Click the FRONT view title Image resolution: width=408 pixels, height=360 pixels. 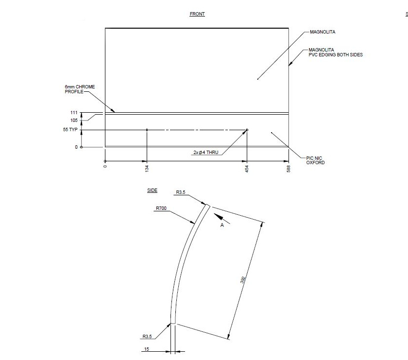point(197,14)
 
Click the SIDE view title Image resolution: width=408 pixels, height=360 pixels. point(152,190)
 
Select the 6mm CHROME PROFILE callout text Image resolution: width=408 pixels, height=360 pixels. point(80,89)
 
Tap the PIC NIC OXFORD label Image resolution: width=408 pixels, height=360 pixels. point(315,160)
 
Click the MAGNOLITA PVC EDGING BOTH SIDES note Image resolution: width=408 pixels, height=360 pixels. point(336,52)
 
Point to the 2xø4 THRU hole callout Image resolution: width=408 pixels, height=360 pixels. point(206,153)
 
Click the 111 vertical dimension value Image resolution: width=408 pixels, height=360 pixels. point(74,113)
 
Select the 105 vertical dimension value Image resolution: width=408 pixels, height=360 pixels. point(74,120)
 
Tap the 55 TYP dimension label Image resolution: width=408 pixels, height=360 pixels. point(70,130)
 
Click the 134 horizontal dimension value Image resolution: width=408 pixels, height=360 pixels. point(147,168)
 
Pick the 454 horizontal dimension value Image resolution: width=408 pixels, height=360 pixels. point(247,169)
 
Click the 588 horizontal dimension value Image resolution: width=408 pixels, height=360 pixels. point(289,169)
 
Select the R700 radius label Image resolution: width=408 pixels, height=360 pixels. point(162,208)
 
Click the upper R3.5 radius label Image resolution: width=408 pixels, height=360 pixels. point(181,192)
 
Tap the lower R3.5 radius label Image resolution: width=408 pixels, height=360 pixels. point(148,336)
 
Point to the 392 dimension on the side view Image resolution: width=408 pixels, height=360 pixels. point(243,281)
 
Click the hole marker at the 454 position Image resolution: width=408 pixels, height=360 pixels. point(247,130)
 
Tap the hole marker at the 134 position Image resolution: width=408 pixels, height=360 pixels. point(147,130)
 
